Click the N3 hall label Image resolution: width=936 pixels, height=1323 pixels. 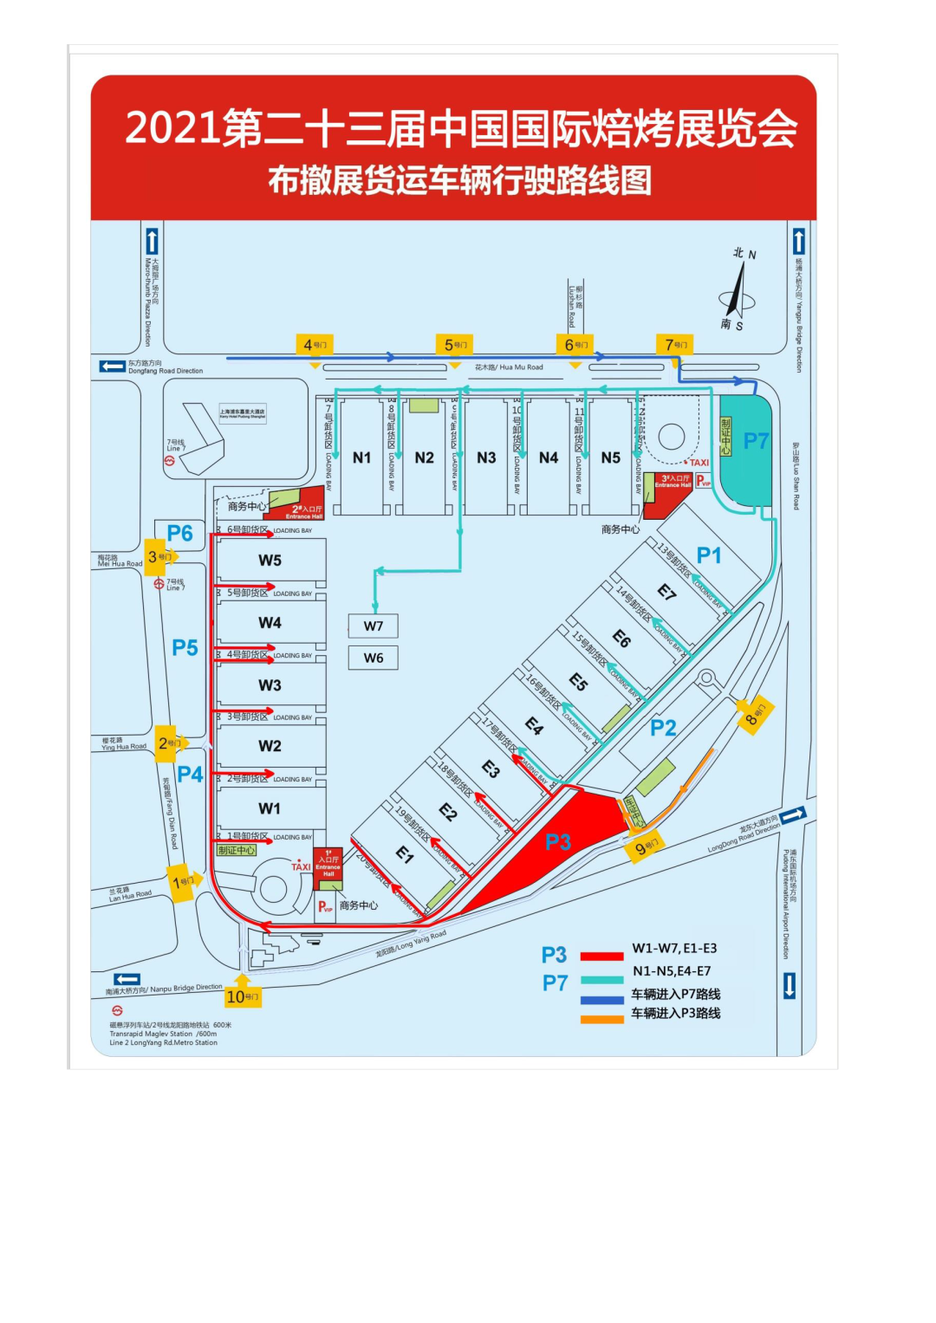pyautogui.click(x=486, y=457)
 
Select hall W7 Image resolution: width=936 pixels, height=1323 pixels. pyautogui.click(x=374, y=626)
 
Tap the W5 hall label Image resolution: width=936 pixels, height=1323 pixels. pyautogui.click(x=270, y=561)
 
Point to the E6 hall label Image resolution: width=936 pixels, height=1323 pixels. pyautogui.click(x=621, y=639)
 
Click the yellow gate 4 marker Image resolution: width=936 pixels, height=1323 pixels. pyautogui.click(x=314, y=345)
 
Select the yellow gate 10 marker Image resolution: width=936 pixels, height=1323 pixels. pyautogui.click(x=242, y=996)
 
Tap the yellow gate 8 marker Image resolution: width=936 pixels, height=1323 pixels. pyautogui.click(x=755, y=715)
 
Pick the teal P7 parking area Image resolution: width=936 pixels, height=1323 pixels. pyautogui.click(x=745, y=451)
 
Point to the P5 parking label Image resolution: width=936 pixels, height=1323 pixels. pyautogui.click(x=185, y=648)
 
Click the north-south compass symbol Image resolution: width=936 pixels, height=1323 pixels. pyautogui.click(x=738, y=291)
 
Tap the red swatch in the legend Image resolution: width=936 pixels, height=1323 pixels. pyautogui.click(x=601, y=956)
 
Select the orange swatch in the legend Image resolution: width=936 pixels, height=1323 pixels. pyautogui.click(x=601, y=1019)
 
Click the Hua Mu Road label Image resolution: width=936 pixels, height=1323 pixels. pyautogui.click(x=509, y=367)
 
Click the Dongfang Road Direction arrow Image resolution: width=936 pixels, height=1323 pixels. pyautogui.click(x=112, y=366)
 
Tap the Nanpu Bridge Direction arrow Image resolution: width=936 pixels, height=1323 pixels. pyautogui.click(x=127, y=979)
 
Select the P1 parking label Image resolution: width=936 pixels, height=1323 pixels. pyautogui.click(x=709, y=555)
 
